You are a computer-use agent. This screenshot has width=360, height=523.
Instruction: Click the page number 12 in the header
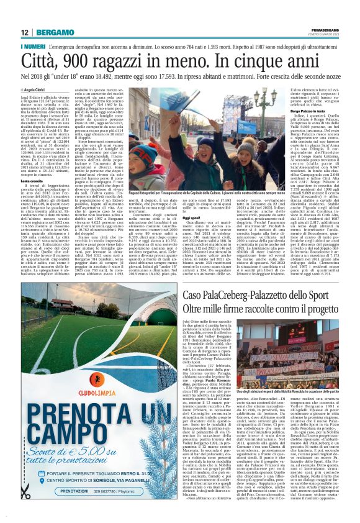[25, 32]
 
